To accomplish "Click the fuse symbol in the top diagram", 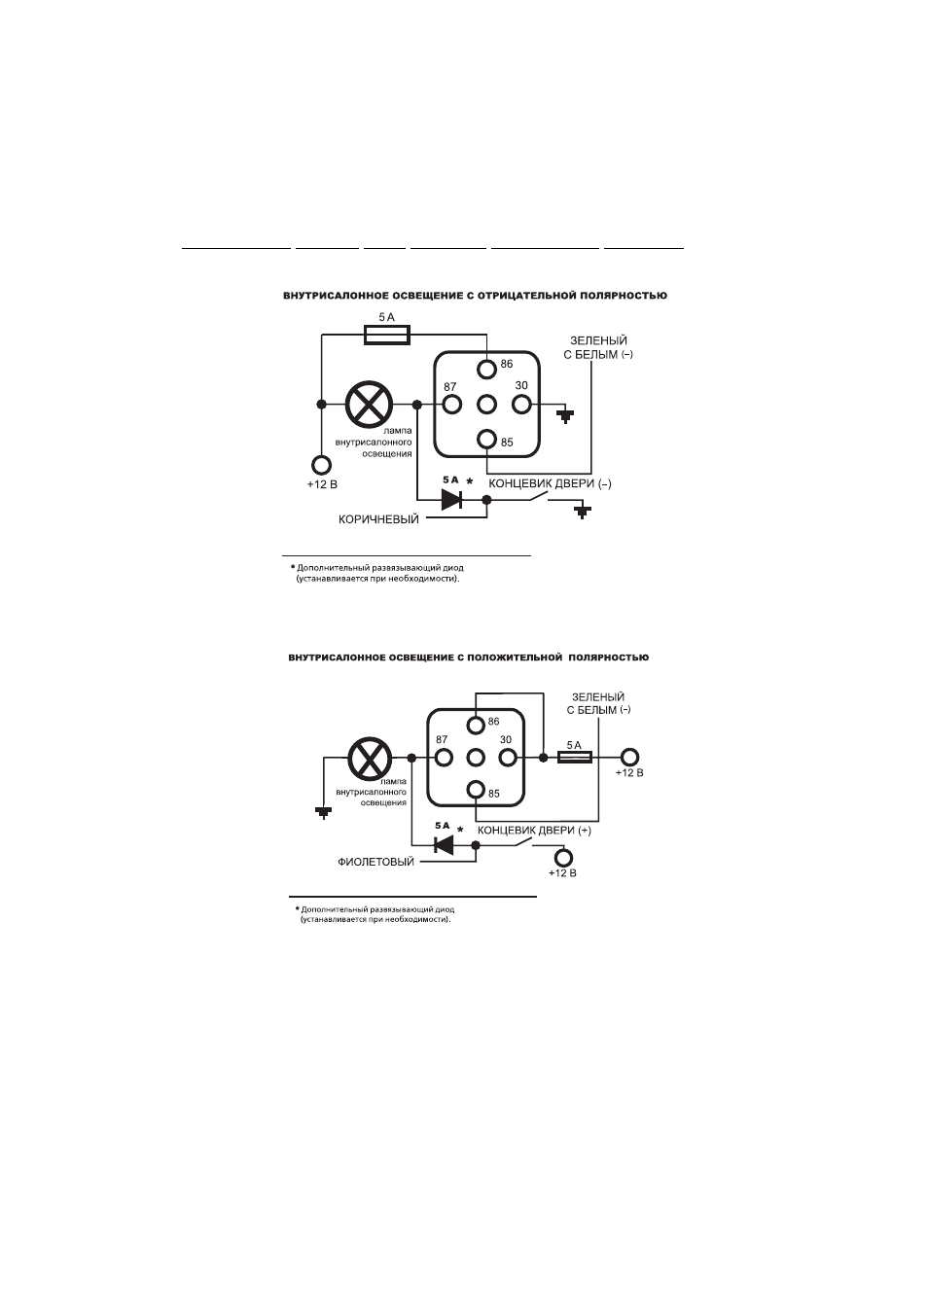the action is (x=387, y=336).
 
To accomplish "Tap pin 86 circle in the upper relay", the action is (x=486, y=369).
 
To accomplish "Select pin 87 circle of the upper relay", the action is (x=452, y=405).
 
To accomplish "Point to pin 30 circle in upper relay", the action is (x=521, y=405).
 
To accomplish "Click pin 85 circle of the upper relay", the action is (x=486, y=439).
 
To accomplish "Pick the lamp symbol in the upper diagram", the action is (x=369, y=405).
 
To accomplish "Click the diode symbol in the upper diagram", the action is (x=452, y=500).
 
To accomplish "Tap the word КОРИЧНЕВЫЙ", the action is (x=378, y=519).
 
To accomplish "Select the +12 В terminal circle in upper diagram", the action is (x=321, y=466).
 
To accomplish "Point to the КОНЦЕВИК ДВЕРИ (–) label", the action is (x=550, y=483).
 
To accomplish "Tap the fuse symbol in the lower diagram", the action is (x=574, y=758).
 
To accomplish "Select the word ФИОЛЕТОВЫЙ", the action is (x=375, y=862).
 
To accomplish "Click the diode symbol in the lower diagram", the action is (x=444, y=844).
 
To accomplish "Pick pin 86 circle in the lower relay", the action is (x=476, y=726).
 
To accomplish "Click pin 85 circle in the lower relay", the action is (x=476, y=790).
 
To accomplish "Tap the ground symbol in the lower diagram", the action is (x=324, y=812).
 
